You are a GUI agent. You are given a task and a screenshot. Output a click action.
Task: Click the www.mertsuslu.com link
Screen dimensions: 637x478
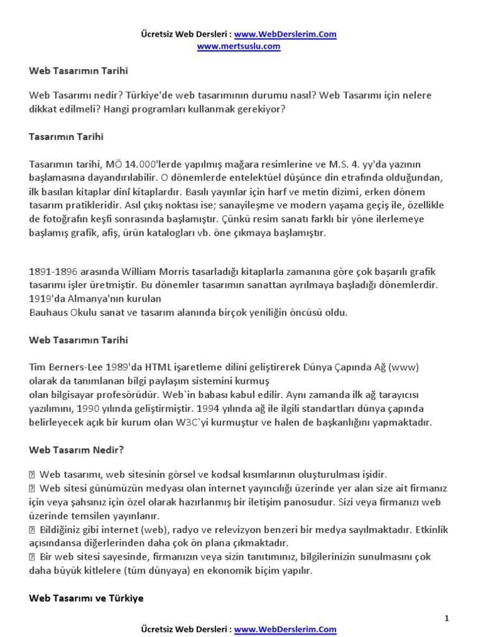click(x=239, y=46)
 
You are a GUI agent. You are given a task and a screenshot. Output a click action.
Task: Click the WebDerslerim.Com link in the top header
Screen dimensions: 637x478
click(x=286, y=35)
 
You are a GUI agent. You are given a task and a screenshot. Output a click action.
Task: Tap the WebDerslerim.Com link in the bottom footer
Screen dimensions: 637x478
click(x=286, y=630)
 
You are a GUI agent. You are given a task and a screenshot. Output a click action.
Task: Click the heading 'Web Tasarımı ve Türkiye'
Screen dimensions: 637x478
click(x=86, y=598)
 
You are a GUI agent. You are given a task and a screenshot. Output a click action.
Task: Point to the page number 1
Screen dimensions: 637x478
click(x=446, y=618)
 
